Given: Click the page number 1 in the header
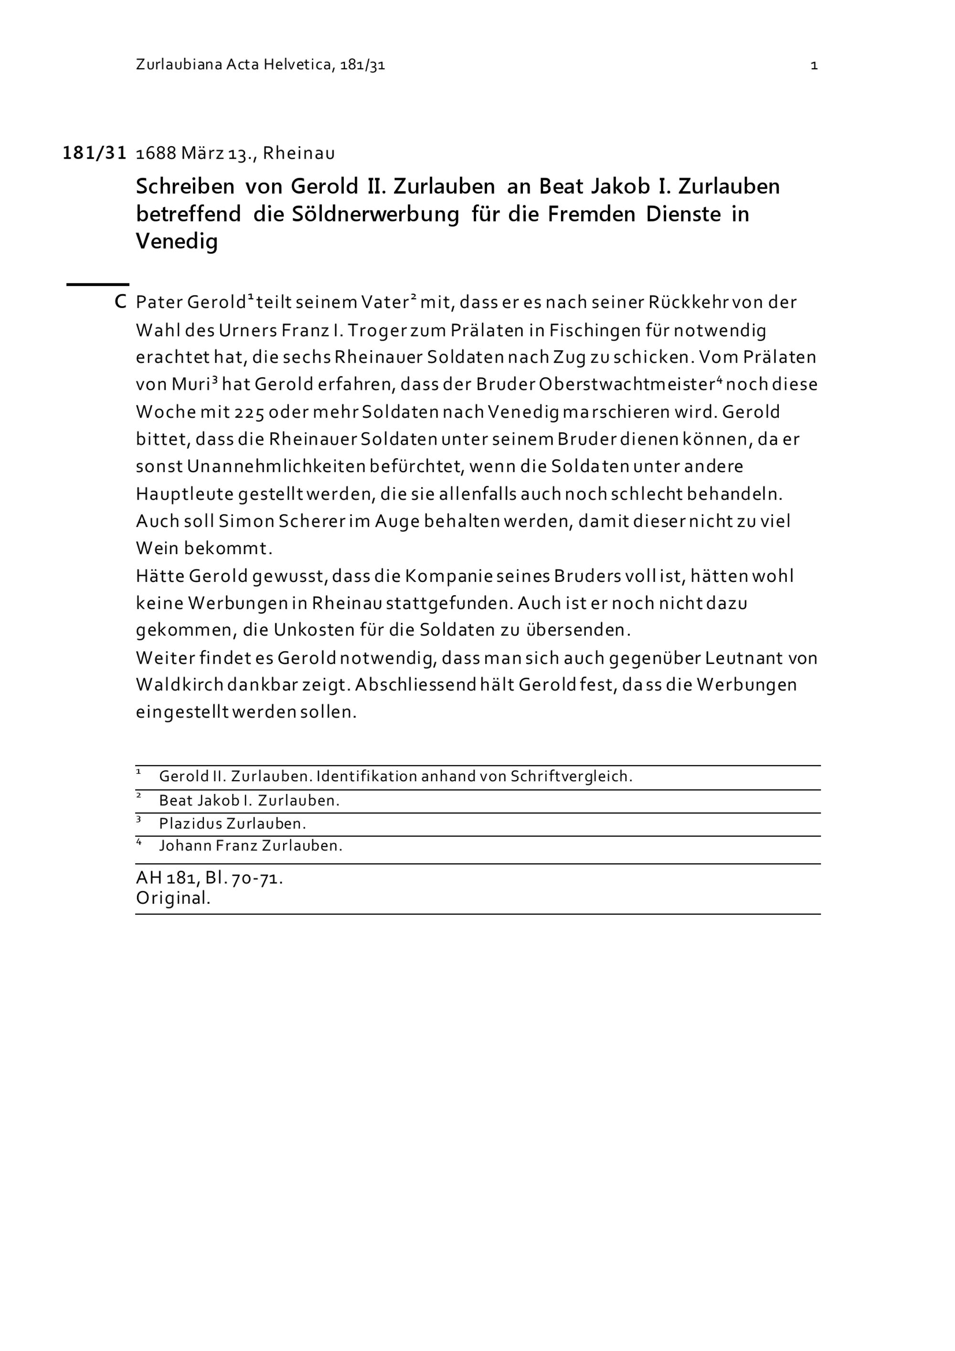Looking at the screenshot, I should (814, 65).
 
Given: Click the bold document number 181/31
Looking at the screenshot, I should (95, 153).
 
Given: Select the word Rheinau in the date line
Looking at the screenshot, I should (299, 153).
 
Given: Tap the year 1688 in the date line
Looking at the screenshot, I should (156, 153).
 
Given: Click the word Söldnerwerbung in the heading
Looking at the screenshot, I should (375, 214).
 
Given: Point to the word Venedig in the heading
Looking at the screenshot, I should (176, 241).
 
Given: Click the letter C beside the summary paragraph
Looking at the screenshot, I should (120, 302).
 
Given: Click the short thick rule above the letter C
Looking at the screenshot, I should (97, 285).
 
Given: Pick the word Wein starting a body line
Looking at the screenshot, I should (157, 548).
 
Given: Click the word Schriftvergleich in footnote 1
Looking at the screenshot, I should (571, 776).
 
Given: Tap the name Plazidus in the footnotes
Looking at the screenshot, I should (190, 824).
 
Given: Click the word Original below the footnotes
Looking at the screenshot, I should (173, 898).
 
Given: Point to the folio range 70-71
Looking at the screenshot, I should (257, 879).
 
